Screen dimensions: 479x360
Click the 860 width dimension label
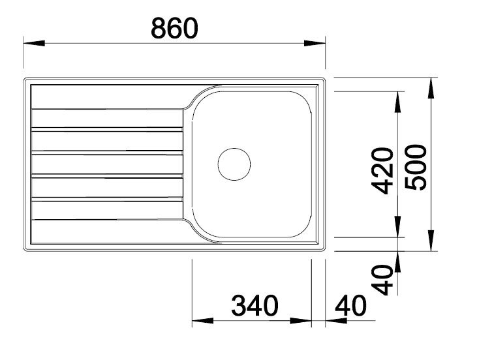coord(174,28)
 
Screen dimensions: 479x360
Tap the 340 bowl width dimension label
coord(255,305)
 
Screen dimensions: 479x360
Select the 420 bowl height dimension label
coord(382,171)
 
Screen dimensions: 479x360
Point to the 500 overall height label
coord(415,168)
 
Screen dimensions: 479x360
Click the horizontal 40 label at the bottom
coord(350,305)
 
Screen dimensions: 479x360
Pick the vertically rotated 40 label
coord(382,280)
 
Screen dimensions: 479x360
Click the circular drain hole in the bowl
coord(234,164)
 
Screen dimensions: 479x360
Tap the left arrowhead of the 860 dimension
coord(34,43)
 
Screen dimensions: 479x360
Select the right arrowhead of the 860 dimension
coord(315,43)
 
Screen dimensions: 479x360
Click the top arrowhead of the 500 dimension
coord(431,88)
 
